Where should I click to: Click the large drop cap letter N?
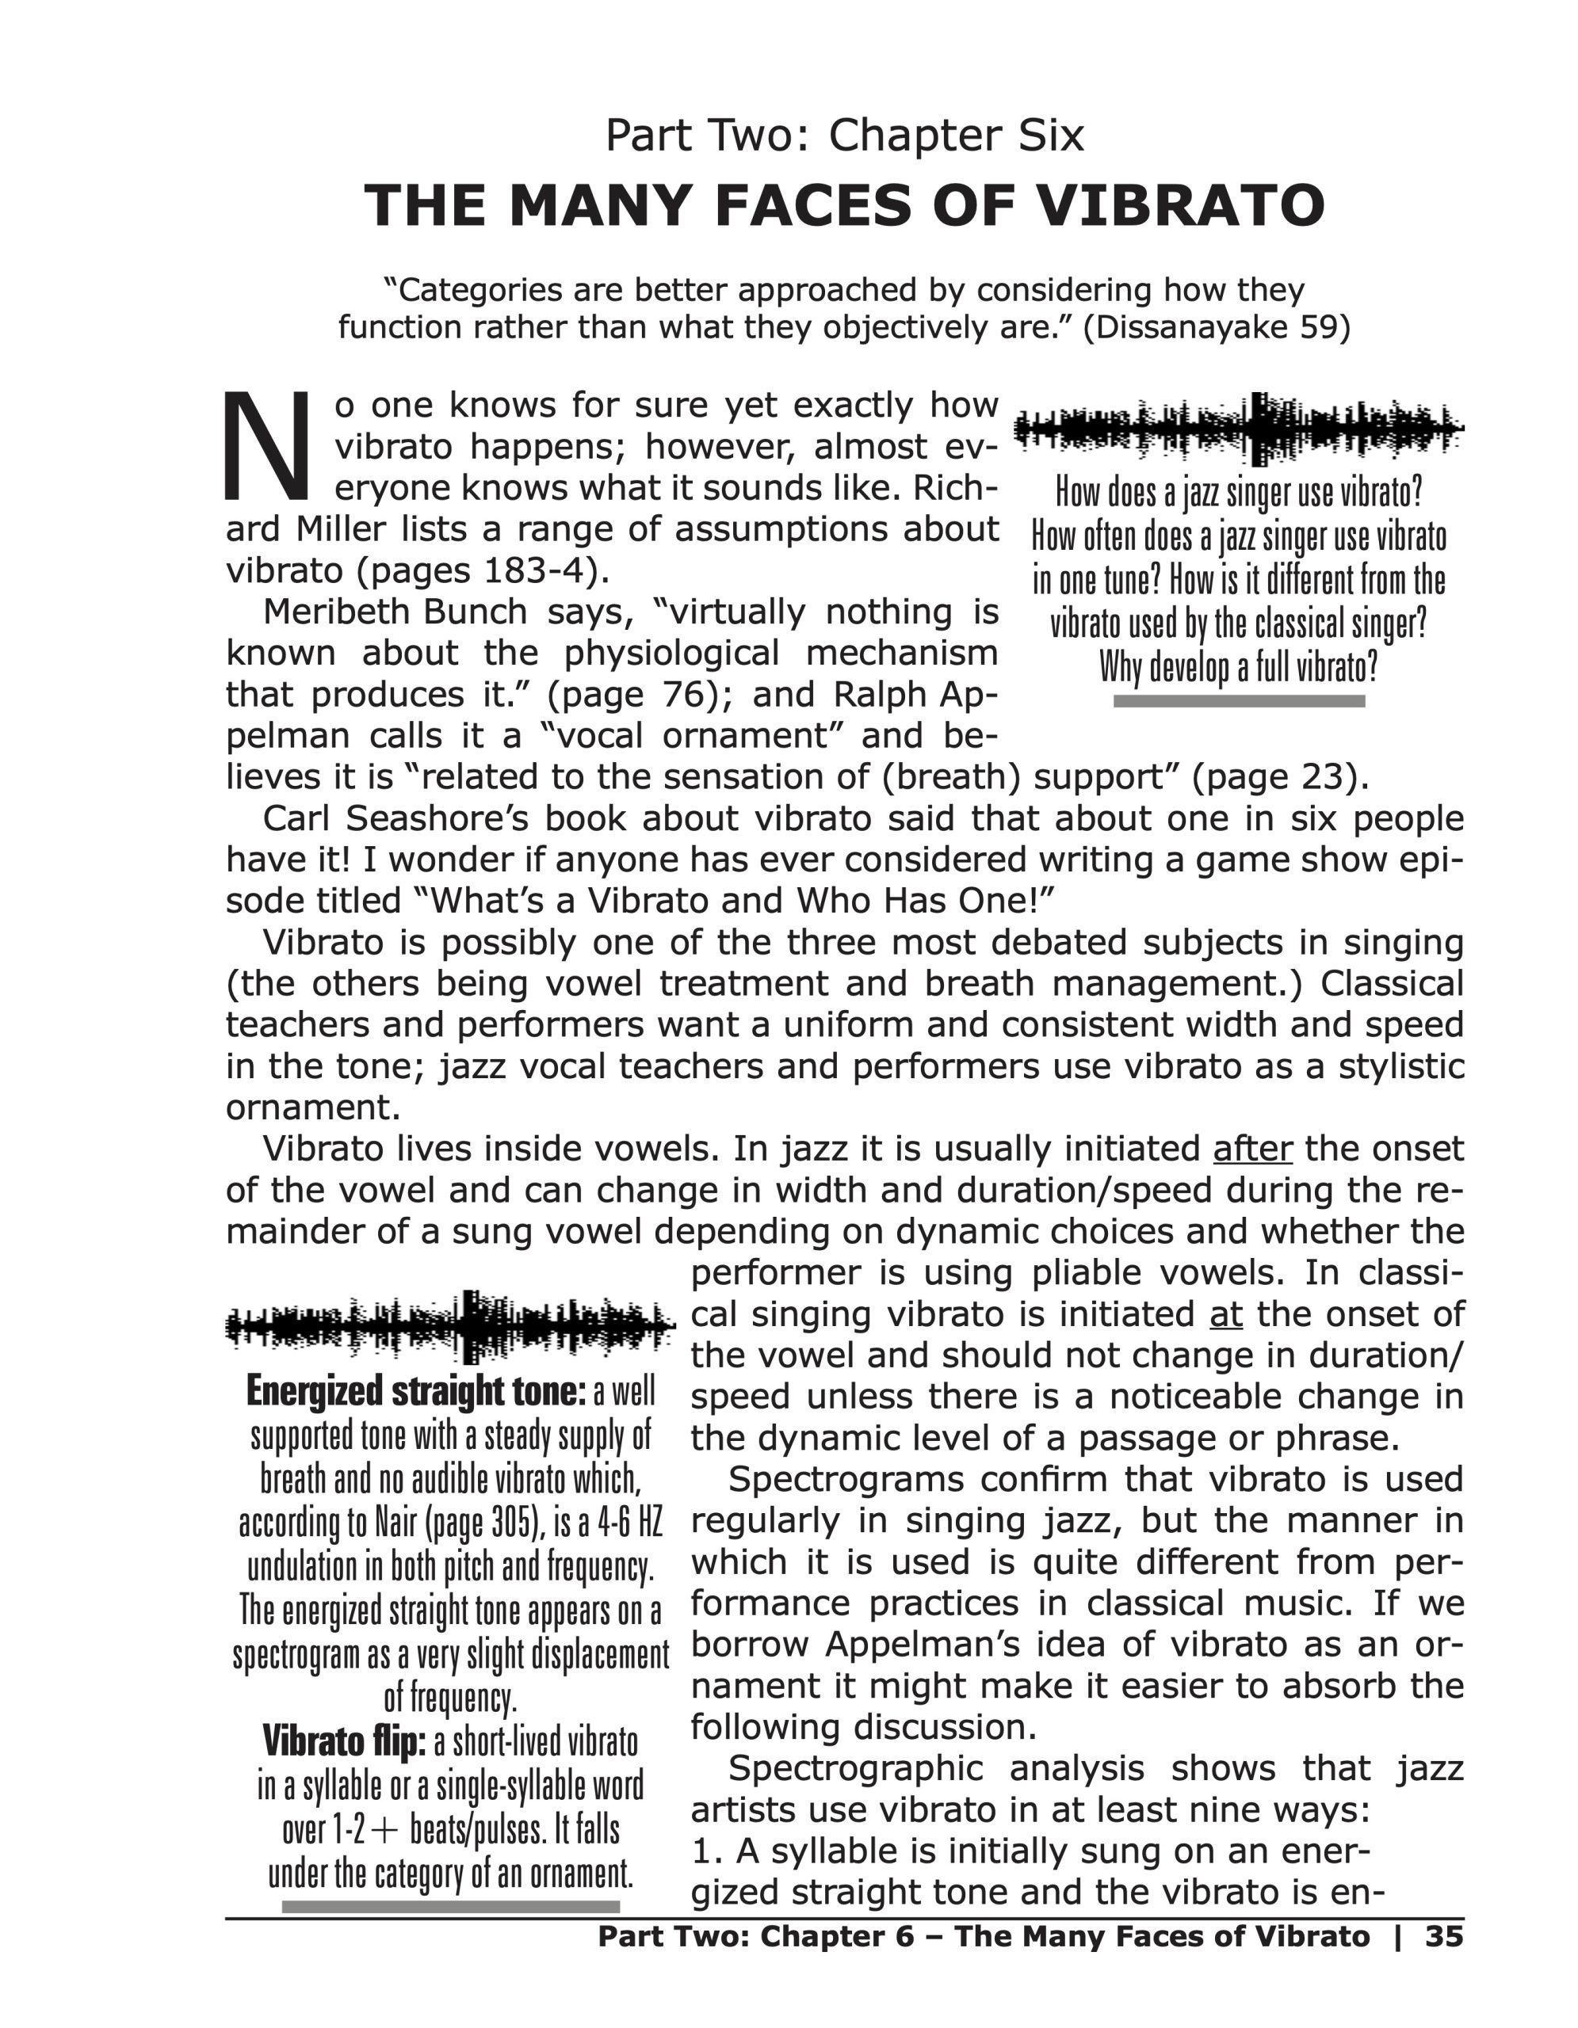267,446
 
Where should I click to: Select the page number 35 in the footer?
1444,1936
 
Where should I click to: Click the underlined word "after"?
1252,1149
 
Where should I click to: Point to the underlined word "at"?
1226,1314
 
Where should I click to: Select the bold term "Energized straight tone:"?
416,1391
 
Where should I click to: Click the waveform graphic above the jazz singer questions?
1238,429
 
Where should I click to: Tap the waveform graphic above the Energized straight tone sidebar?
450,1325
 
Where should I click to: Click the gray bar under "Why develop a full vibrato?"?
1239,701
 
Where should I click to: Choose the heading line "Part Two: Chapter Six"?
844,135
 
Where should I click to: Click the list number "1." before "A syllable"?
707,1851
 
